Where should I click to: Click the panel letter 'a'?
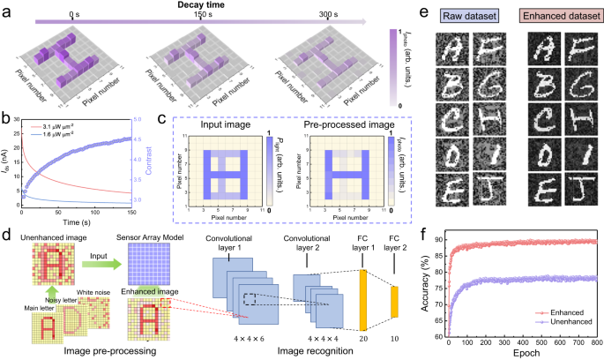(x=8, y=8)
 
